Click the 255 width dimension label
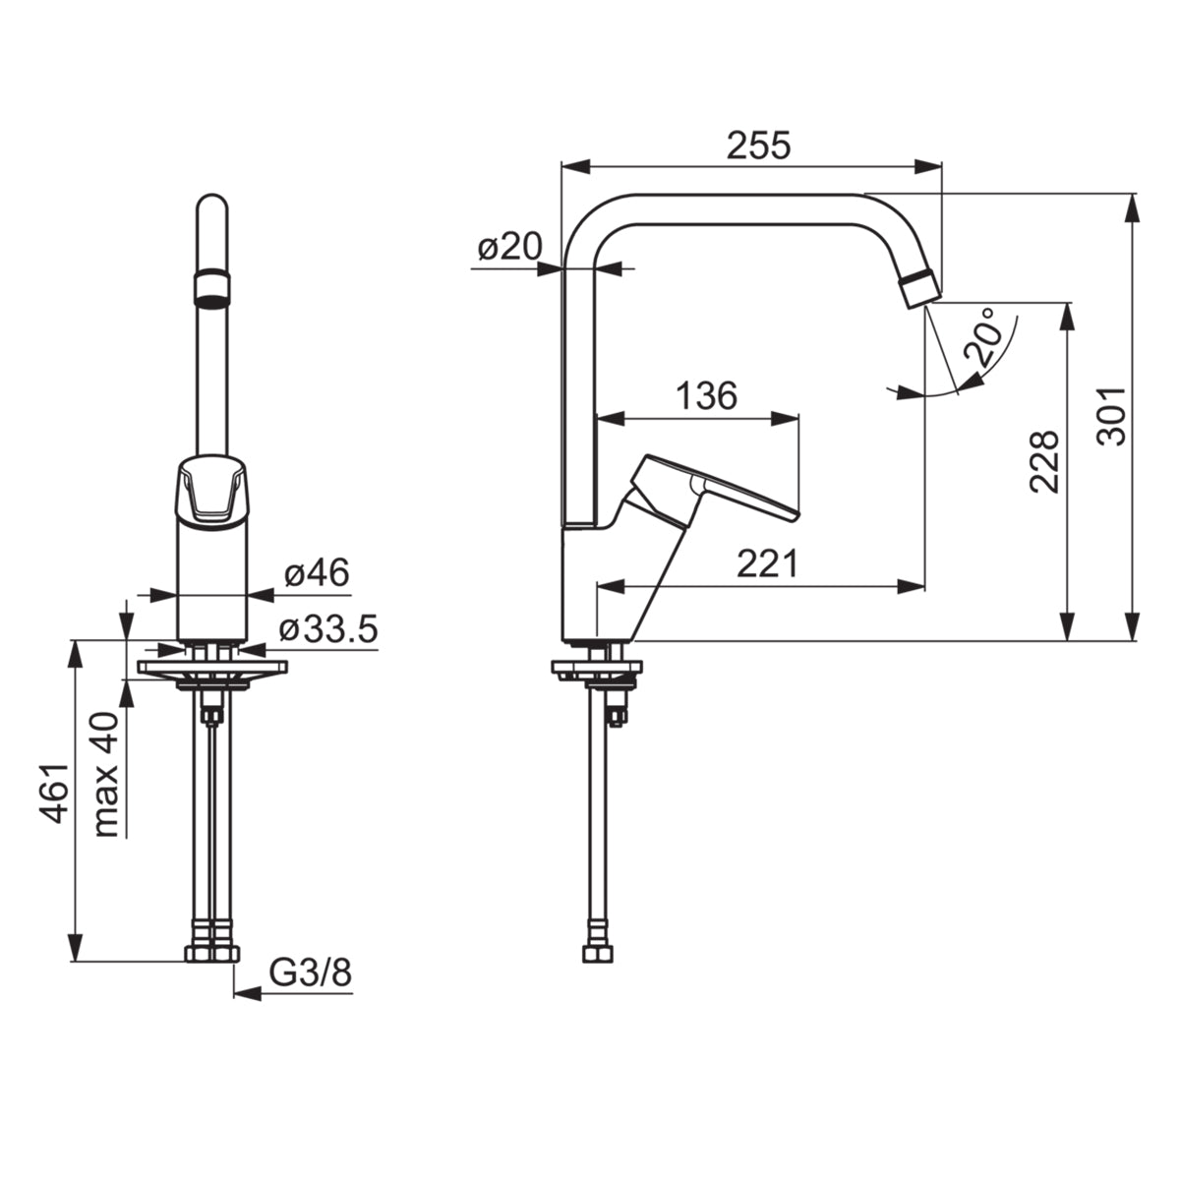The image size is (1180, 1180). (759, 146)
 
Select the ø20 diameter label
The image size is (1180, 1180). (510, 247)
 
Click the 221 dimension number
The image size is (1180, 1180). (768, 563)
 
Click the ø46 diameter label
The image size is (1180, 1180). (317, 572)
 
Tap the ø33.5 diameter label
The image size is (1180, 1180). (328, 629)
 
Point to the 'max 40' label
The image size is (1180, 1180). (106, 775)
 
